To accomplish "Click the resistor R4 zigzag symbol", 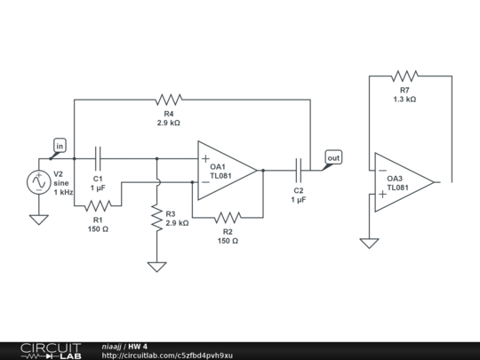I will coord(166,99).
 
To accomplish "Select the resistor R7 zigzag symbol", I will coord(404,76).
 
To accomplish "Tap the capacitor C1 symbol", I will coord(99,159).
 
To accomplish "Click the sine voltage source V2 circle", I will coord(39,181).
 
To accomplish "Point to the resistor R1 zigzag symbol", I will coord(98,207).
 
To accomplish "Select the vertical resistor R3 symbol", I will coord(156,218).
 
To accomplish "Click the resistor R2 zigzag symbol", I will coord(228,216).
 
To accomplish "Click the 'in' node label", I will coord(60,145).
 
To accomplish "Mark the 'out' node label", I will coord(333,158).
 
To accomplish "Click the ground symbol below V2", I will coord(39,219).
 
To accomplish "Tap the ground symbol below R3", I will coord(156,266).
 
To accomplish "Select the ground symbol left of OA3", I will coord(368,242).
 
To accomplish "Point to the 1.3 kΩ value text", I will coord(404,100).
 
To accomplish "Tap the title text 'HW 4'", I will coord(138,346).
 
